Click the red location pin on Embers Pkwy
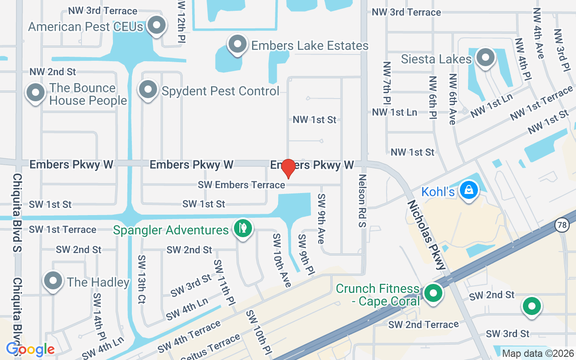[x=288, y=168]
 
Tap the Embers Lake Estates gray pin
[x=237, y=44]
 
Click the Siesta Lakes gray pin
[x=485, y=57]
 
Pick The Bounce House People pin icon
[x=36, y=93]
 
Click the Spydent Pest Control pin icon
[x=148, y=89]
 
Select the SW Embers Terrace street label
[x=241, y=185]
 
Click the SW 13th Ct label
[x=142, y=279]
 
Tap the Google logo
[x=31, y=349]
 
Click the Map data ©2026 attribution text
[x=538, y=353]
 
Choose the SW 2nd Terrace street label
[x=423, y=324]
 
